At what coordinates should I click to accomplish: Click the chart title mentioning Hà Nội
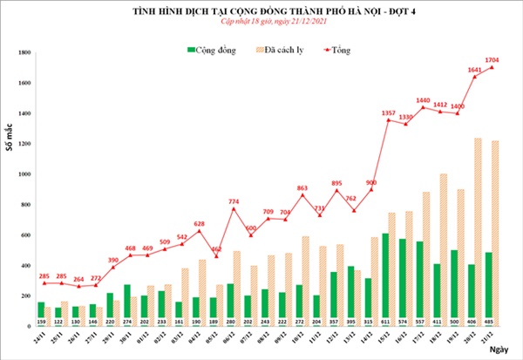261,10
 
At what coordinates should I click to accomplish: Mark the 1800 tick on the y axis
24,53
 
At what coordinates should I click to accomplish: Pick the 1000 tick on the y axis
24,174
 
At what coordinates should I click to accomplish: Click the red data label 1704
494,58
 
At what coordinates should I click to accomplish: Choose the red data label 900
370,181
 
